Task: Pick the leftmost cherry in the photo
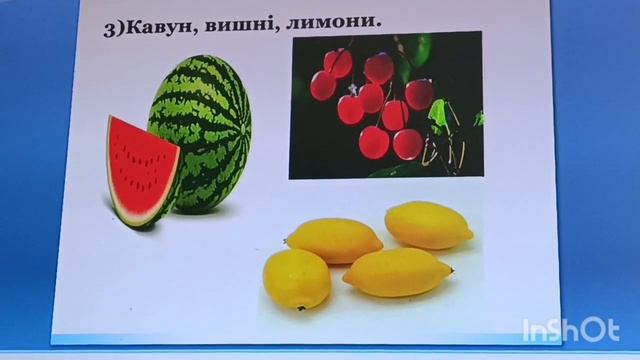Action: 323,86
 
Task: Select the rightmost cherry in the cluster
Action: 419,94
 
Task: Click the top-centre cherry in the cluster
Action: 378,68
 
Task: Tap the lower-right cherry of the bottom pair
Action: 407,144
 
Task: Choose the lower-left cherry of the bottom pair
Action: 374,141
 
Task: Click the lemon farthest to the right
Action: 428,224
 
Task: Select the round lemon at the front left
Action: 296,278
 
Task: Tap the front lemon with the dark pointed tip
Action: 397,271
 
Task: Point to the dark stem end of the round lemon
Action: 299,307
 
